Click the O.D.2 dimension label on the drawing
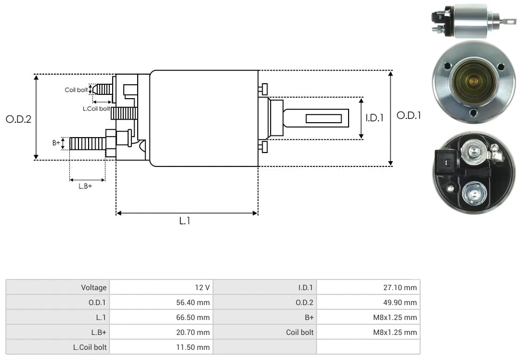coord(19,119)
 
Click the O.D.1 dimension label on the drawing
coord(408,115)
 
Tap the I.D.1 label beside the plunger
coord(374,118)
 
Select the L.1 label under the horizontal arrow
coord(184,220)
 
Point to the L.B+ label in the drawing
coord(85,186)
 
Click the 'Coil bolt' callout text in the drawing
coord(76,90)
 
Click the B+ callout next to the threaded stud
coord(56,142)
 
